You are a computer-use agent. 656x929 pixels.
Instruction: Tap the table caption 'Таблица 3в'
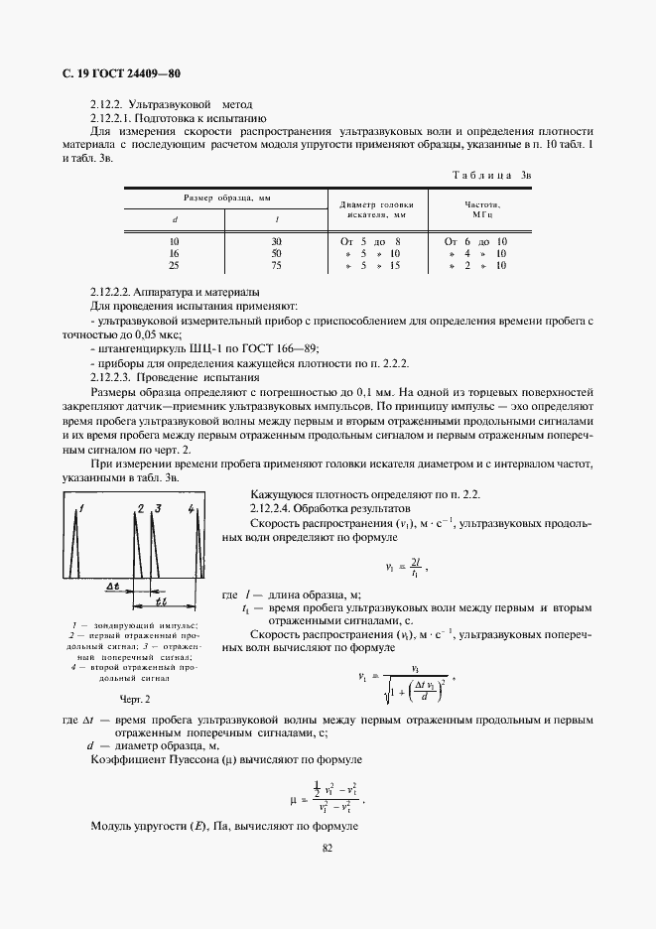pos(493,175)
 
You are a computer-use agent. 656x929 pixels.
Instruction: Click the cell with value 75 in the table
pos(277,266)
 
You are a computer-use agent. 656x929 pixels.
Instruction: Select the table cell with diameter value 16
pos(175,254)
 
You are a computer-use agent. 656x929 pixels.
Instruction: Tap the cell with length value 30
pos(277,242)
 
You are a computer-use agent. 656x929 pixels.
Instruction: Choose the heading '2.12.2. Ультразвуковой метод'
pos(171,104)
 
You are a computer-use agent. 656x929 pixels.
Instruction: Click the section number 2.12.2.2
pos(111,292)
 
